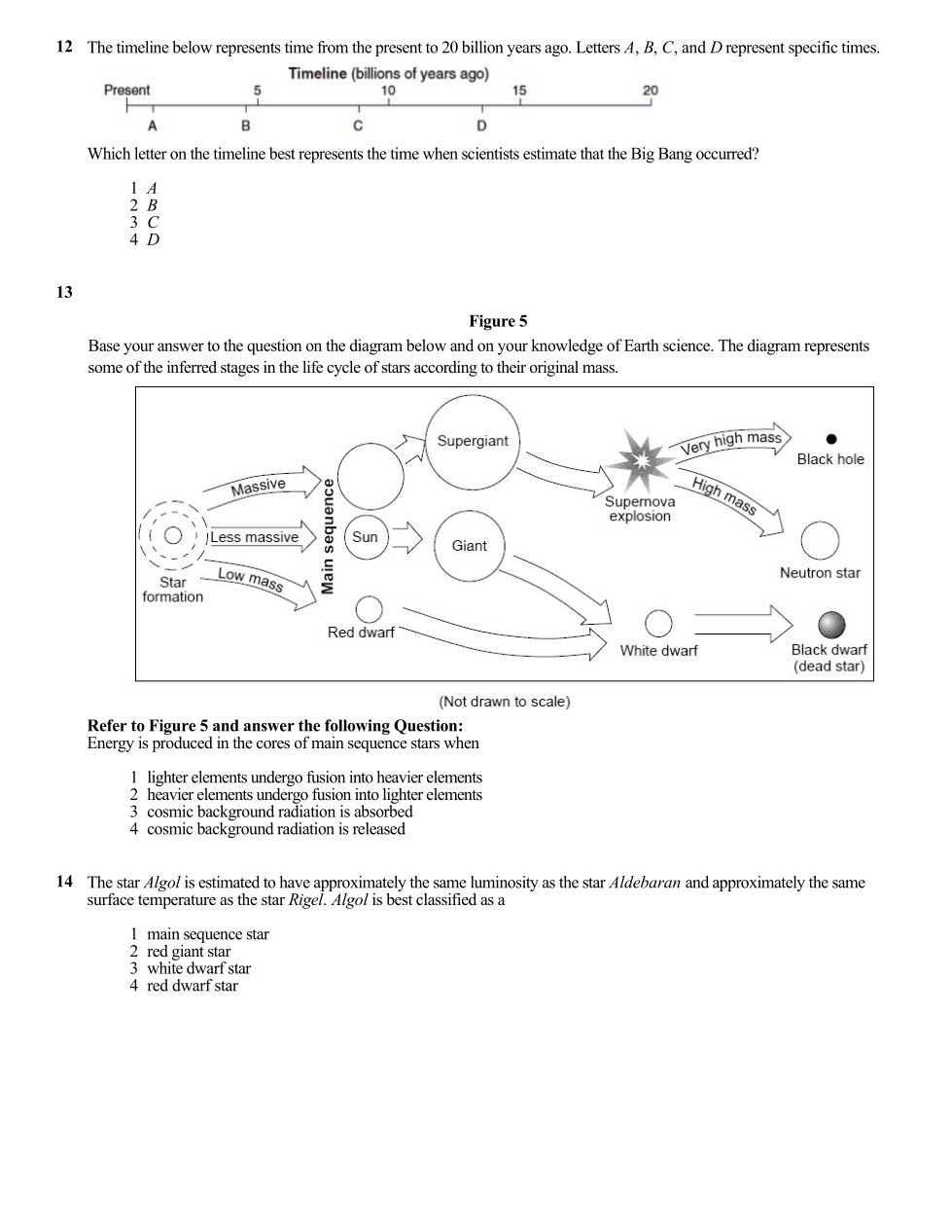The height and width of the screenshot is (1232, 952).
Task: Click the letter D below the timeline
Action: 481,126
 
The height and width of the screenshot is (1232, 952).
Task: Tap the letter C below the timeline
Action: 358,126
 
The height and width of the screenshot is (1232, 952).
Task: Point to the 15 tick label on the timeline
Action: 519,91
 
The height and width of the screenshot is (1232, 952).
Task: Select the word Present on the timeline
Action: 127,91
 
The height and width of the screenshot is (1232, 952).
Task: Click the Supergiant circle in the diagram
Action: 473,442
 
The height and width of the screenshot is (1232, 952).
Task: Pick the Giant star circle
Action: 469,546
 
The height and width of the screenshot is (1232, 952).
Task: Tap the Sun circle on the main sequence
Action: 366,537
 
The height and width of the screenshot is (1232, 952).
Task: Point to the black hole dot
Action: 830,439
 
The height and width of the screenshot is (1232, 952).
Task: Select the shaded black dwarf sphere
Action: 830,624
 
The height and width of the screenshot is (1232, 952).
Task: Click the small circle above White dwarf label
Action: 658,623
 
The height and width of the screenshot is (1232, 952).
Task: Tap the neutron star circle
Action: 820,541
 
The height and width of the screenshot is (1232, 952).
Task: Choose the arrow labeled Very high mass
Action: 734,440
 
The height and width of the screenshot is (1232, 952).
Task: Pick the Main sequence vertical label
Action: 329,535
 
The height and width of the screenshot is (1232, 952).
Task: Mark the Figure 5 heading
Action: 498,321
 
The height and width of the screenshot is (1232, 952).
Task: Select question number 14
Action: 64,882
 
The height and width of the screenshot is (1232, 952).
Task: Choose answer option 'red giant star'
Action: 189,952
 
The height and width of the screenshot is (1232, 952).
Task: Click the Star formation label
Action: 173,590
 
